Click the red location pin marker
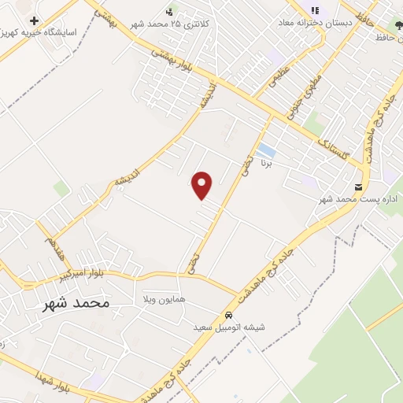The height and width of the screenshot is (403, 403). tap(203, 185)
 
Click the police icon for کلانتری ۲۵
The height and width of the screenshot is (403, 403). tap(170, 11)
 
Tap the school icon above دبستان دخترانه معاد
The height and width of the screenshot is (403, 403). tap(315, 11)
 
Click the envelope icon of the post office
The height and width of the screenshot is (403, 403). tap(360, 187)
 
